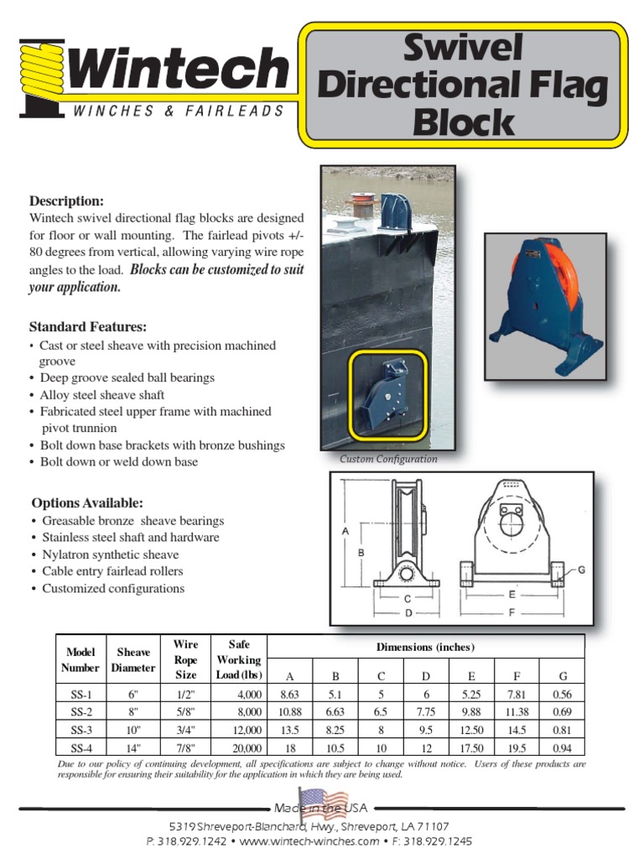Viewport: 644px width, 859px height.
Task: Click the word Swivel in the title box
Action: [x=464, y=49]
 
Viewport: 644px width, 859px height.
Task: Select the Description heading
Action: [x=67, y=201]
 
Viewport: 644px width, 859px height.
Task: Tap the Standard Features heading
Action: [x=88, y=326]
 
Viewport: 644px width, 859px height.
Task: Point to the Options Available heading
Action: [x=87, y=503]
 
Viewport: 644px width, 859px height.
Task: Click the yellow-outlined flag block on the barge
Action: [x=388, y=394]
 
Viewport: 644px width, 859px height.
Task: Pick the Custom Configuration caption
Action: [x=388, y=460]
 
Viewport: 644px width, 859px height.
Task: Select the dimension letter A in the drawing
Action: [x=345, y=531]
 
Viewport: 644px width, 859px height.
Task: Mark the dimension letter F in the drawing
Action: [x=512, y=613]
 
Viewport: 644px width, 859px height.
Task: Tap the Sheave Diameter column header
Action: [x=133, y=660]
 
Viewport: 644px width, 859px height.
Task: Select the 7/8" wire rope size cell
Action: [x=185, y=747]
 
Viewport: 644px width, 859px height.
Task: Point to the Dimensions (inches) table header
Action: [x=424, y=647]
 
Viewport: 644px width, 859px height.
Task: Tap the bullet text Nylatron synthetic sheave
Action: [x=110, y=554]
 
